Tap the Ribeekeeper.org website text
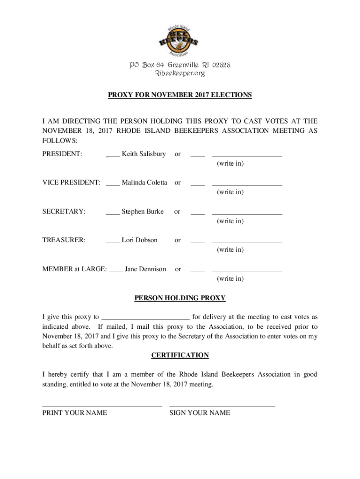point(180,73)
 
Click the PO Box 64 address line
point(180,65)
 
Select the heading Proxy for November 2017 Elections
point(180,95)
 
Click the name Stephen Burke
point(143,211)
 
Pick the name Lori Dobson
point(139,240)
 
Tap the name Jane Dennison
point(145,269)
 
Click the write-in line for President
point(247,156)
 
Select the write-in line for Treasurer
point(247,242)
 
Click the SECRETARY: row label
point(64,211)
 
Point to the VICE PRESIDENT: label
point(71,182)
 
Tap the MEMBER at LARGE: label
point(75,269)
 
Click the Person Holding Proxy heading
point(180,298)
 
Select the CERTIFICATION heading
point(180,355)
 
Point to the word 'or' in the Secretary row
point(177,211)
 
